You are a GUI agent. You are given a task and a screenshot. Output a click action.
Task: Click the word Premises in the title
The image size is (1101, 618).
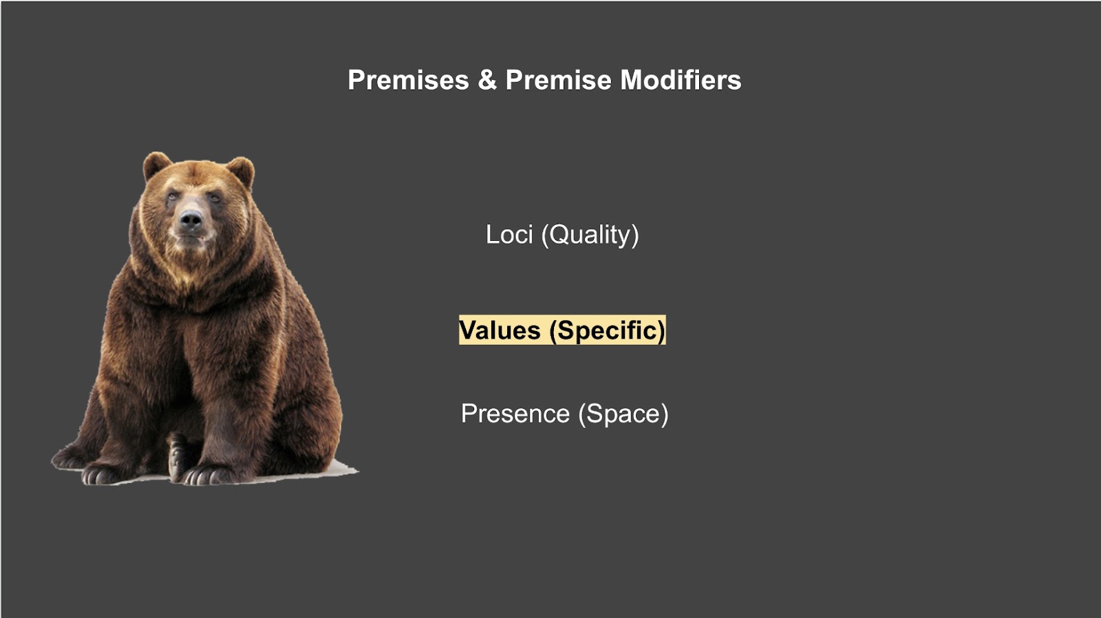click(409, 80)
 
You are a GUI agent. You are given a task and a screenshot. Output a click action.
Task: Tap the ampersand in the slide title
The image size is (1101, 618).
click(487, 80)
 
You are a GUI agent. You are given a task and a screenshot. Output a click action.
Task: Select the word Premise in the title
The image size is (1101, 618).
click(558, 80)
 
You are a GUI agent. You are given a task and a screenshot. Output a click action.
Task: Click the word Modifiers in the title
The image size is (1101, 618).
click(681, 80)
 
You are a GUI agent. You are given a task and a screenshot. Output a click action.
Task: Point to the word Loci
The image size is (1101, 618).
click(509, 235)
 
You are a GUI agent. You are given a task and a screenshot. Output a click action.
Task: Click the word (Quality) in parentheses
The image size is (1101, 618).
click(590, 235)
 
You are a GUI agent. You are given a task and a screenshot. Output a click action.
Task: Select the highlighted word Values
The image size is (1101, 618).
click(500, 330)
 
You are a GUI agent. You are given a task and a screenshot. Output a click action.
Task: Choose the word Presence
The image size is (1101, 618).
click(515, 414)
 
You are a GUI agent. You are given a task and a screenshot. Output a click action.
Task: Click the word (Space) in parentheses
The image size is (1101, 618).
click(623, 414)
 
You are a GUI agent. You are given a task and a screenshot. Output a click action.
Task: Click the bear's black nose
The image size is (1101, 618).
click(191, 220)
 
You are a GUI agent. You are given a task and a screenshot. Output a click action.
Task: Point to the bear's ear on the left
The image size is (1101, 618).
click(156, 166)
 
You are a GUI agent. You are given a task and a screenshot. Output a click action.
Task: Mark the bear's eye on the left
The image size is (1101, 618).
click(171, 198)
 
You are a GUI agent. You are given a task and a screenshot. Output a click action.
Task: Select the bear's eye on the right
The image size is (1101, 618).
click(214, 198)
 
